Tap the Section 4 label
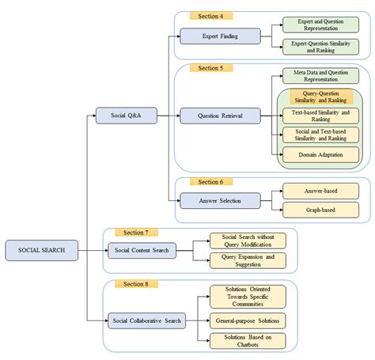tap(210, 15)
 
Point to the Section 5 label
tap(210, 68)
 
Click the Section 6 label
tap(210, 181)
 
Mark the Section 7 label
tap(135, 232)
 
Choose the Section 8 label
tap(135, 283)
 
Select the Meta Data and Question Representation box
tap(320, 76)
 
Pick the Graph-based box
tap(320, 210)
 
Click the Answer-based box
tap(320, 191)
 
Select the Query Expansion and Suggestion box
tap(247, 260)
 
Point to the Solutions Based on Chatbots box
tap(247, 341)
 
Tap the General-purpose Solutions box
tap(247, 320)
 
